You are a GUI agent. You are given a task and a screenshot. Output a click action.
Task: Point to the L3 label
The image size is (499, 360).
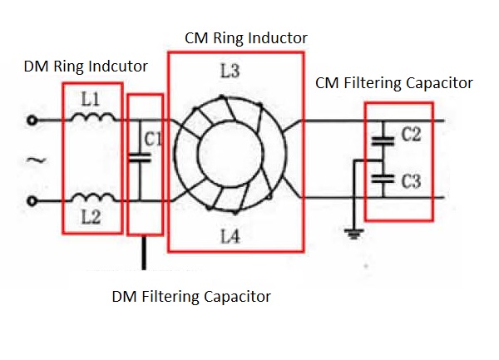pyautogui.click(x=231, y=72)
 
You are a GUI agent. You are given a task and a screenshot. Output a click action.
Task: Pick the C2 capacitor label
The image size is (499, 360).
pyautogui.click(x=410, y=136)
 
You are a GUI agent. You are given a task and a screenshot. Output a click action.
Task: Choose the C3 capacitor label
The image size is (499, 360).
pyautogui.click(x=410, y=181)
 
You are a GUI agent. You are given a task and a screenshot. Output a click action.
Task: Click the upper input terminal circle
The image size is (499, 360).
pyautogui.click(x=32, y=121)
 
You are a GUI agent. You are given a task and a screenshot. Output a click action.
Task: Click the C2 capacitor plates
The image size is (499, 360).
pyautogui.click(x=383, y=141)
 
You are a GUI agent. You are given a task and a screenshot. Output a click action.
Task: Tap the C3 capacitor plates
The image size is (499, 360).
pyautogui.click(x=383, y=176)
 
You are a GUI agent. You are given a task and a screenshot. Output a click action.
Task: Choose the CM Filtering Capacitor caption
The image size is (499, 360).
pyautogui.click(x=393, y=82)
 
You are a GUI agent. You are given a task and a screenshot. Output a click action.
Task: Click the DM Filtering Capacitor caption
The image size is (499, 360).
pyautogui.click(x=191, y=295)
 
